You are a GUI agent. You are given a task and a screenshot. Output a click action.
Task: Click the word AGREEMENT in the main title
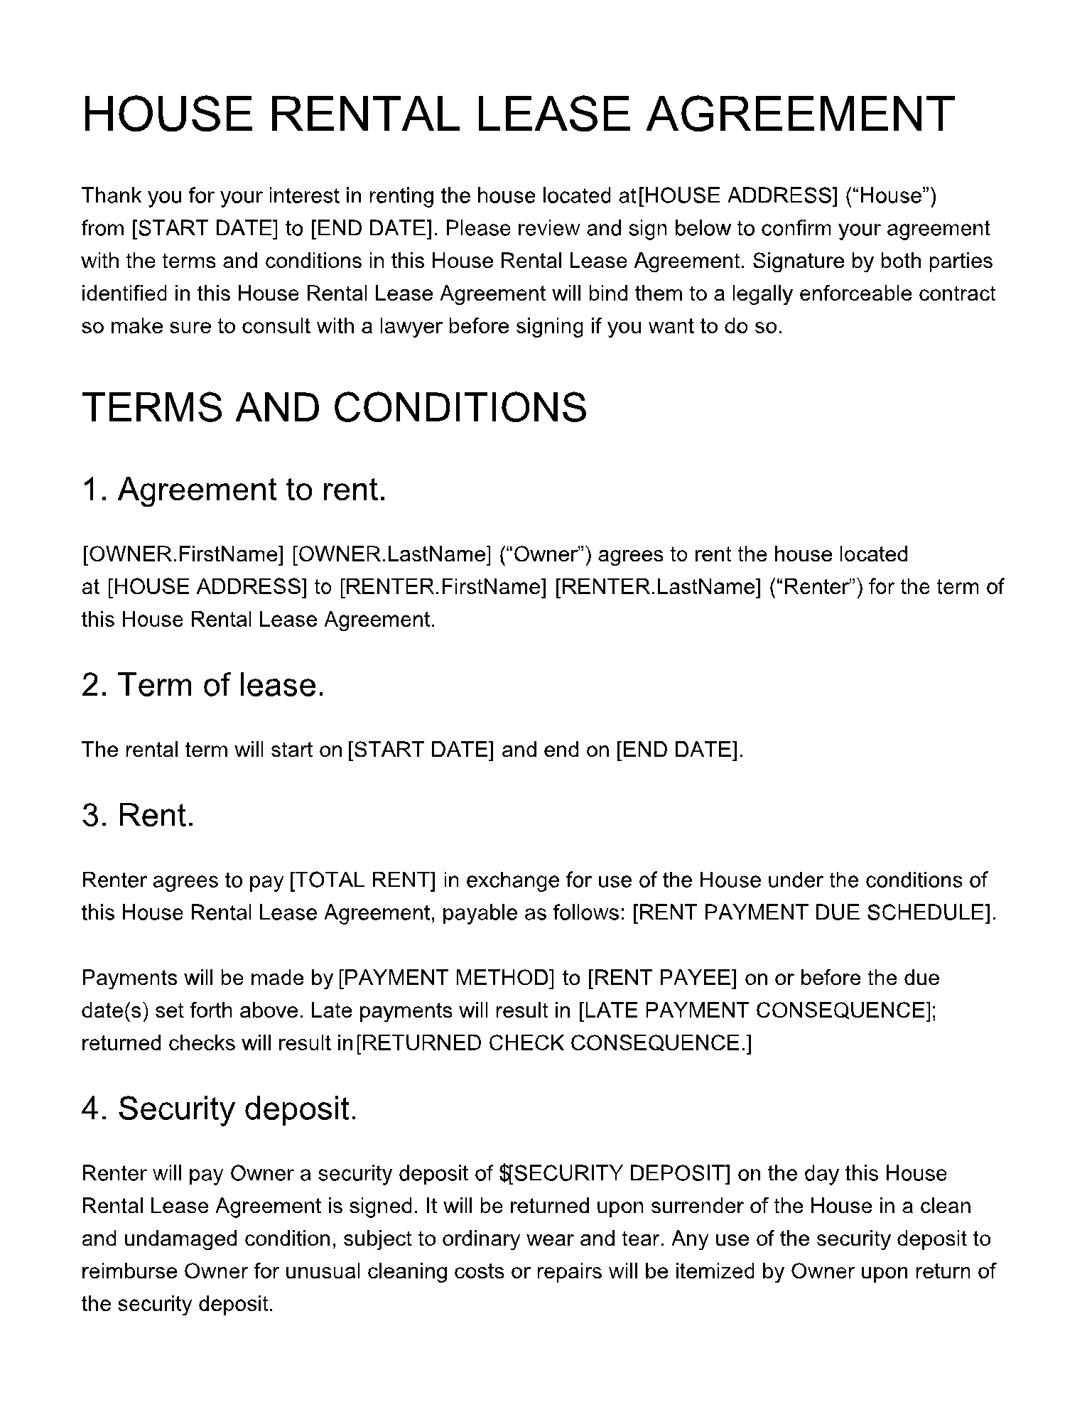click(x=800, y=114)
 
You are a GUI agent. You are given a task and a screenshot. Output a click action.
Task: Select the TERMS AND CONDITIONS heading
click(x=334, y=408)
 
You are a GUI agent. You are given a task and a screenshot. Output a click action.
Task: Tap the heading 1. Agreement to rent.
click(x=234, y=490)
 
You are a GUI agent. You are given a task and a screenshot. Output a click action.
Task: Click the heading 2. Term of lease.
click(x=202, y=685)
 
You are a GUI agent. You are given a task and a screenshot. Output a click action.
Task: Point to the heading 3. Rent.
click(x=138, y=815)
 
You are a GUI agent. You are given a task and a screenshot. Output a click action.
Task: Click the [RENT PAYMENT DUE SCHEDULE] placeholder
click(x=812, y=913)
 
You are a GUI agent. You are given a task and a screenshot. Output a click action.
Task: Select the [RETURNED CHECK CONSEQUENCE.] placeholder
click(x=553, y=1043)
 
